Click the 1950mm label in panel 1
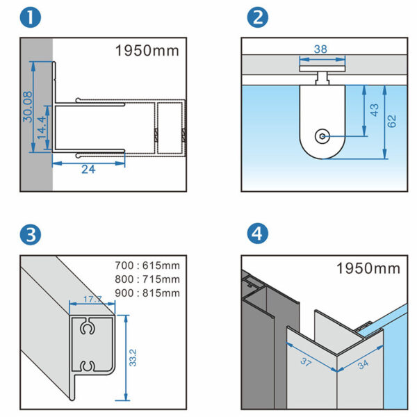147,51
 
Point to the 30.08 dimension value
26,106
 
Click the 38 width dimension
320,49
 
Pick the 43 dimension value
375,109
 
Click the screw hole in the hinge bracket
322,136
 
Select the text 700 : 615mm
147,265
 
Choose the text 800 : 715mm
147,279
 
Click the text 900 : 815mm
147,293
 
